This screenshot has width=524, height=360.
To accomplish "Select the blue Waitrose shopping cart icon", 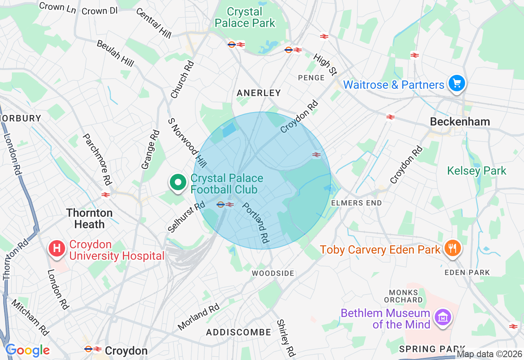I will pos(456,84).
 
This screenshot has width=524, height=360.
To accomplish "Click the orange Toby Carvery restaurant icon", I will pos(452,248).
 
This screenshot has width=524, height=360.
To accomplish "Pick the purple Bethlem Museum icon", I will pos(443,317).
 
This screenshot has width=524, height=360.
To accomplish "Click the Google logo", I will pos(27,350).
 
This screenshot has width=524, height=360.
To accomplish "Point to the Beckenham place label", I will pos(460,122).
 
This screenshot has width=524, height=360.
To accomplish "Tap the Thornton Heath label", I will pos(89,218).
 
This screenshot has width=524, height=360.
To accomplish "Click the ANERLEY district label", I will pos(259,93).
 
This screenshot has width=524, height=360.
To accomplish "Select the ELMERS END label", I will pos(356,203).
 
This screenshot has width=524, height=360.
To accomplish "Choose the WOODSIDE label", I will pos(273,273).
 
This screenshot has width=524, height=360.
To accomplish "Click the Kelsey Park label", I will pos(477,171).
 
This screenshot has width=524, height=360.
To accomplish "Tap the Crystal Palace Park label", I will pos(245,18).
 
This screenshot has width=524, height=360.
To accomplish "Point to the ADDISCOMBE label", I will pos(238,332).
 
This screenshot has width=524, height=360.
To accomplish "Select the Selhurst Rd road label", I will pos(186,217).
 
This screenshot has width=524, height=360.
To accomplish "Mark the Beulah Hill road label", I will pos(115,53).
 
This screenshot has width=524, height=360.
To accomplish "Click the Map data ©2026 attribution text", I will pos(490,354).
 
